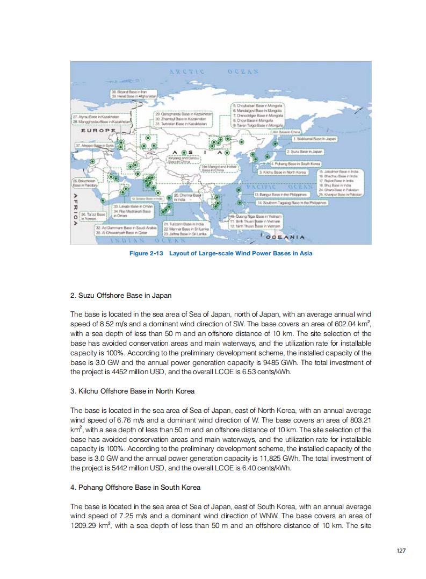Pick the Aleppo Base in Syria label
(x=95, y=145)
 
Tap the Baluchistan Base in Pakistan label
(x=83, y=183)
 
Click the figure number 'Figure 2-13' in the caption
(x=148, y=253)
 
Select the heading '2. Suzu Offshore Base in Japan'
(x=121, y=295)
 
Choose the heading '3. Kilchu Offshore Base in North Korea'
(x=132, y=390)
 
